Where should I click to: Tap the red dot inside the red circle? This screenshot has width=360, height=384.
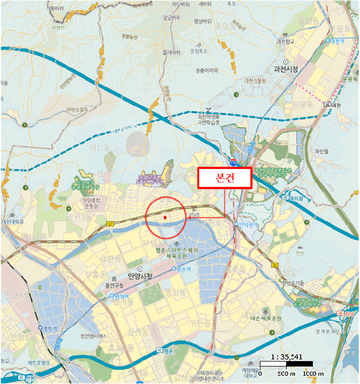click(165, 217)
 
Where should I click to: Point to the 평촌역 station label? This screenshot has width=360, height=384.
click(183, 269)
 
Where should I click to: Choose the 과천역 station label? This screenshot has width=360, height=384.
click(336, 41)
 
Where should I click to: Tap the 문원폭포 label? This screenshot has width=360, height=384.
click(200, 50)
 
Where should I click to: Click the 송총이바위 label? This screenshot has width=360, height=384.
click(206, 70)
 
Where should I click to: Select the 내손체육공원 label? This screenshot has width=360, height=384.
click(265, 318)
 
